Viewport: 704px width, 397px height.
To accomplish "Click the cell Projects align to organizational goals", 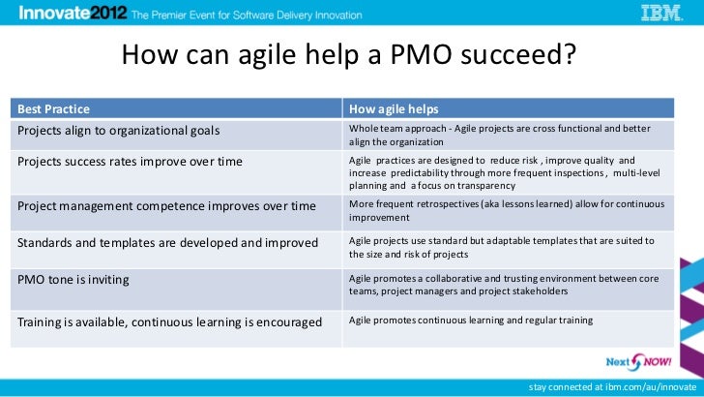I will [x=119, y=130].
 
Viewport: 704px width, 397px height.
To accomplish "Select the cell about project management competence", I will [x=166, y=205].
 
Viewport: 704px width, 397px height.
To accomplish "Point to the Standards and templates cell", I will [x=167, y=242].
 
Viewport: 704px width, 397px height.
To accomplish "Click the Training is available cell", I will [x=169, y=321].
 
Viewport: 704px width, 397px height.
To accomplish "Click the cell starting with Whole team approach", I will [x=499, y=135].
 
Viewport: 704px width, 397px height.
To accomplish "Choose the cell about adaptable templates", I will [x=501, y=247].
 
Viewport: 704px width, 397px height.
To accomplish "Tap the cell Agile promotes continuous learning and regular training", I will [x=470, y=321].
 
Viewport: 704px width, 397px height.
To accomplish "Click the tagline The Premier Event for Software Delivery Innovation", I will [x=247, y=15].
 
